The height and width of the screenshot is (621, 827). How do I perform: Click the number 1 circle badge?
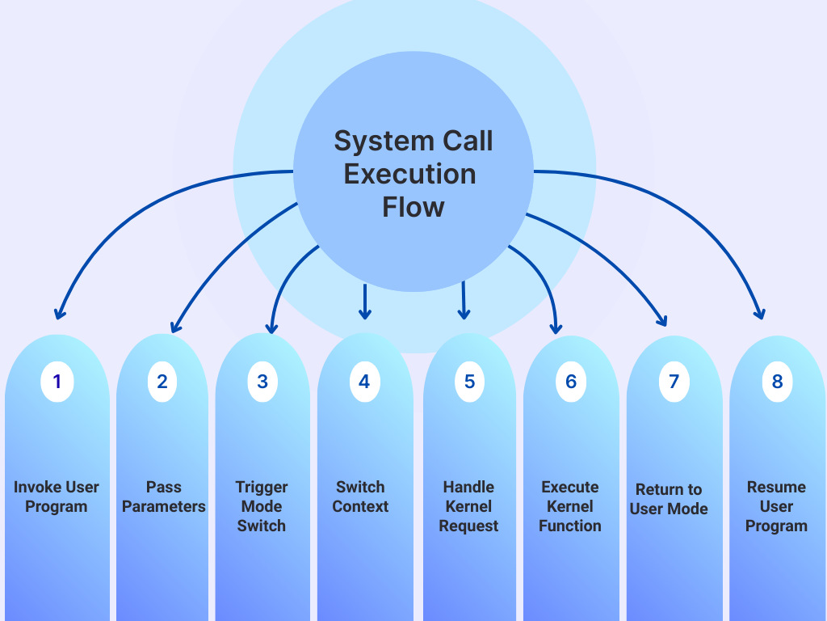point(57,382)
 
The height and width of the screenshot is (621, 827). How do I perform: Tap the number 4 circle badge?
point(364,382)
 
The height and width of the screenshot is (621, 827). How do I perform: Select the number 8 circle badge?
point(777,382)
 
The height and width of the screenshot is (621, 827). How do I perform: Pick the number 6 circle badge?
point(571,382)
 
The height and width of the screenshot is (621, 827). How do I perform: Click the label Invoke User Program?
point(57,496)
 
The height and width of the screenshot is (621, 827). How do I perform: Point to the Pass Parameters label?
point(164,496)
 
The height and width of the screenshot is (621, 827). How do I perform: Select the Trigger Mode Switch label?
point(262,506)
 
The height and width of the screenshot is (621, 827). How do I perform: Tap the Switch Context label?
point(360,496)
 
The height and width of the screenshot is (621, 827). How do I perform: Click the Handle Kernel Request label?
point(468,506)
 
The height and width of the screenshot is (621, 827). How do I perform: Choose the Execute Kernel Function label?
point(570,506)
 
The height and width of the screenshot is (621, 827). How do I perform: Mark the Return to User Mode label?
point(669,499)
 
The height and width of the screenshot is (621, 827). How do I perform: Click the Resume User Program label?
point(776,506)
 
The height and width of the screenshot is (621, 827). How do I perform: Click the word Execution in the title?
point(409,174)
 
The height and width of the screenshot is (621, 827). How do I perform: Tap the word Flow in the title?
point(413,207)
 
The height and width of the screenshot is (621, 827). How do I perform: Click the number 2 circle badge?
point(162,382)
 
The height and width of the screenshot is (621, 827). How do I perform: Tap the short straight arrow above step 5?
point(464,301)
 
